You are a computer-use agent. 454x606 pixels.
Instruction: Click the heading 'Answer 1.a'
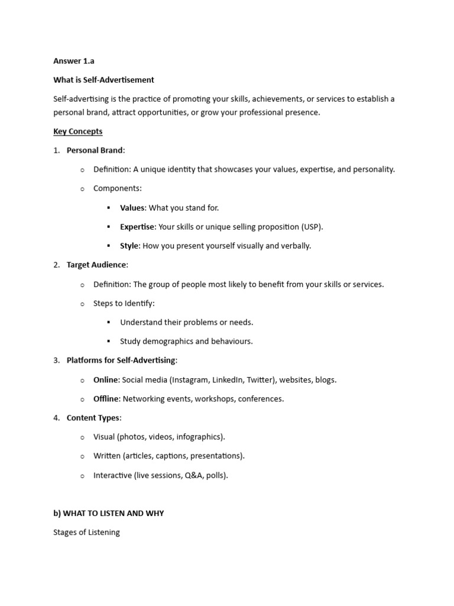pyautogui.click(x=73, y=60)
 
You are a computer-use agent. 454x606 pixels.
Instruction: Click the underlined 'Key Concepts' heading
pyautogui.click(x=77, y=131)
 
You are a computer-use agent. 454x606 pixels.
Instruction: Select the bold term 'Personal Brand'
pyautogui.click(x=95, y=150)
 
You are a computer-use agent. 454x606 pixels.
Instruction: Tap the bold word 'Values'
pyautogui.click(x=132, y=208)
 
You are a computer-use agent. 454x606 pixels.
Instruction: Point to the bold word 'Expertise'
pyautogui.click(x=137, y=227)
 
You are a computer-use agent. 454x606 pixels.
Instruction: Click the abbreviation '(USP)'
pyautogui.click(x=312, y=227)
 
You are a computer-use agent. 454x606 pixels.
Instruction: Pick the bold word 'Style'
pyautogui.click(x=129, y=246)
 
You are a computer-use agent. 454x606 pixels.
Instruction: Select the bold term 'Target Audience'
pyautogui.click(x=96, y=265)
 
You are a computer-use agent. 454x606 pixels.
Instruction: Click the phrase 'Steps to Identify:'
pyautogui.click(x=124, y=304)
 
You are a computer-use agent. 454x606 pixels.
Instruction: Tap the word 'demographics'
pyautogui.click(x=168, y=341)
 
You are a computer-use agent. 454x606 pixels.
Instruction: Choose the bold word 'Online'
pyautogui.click(x=106, y=380)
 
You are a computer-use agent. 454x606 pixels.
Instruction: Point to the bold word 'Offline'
pyautogui.click(x=106, y=399)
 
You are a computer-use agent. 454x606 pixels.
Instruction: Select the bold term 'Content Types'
pyautogui.click(x=93, y=418)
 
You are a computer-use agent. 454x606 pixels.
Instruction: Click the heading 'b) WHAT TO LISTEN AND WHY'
pyautogui.click(x=109, y=513)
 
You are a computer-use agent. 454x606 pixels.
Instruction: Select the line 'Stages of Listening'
pyautogui.click(x=86, y=532)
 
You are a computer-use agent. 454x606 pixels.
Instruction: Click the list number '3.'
pyautogui.click(x=57, y=360)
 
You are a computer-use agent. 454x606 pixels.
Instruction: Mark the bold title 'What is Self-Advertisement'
pyautogui.click(x=103, y=80)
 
